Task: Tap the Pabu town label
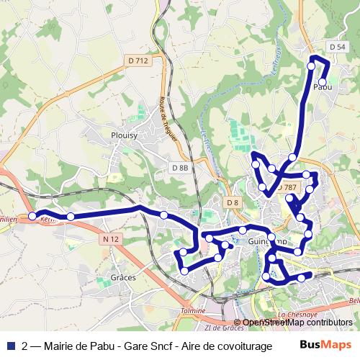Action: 323,86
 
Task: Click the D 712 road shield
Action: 138,61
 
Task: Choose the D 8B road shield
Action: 180,168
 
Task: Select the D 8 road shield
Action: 232,202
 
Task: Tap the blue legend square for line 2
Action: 10,346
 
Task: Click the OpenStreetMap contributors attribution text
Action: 297,323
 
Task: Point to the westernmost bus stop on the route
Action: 32,216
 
